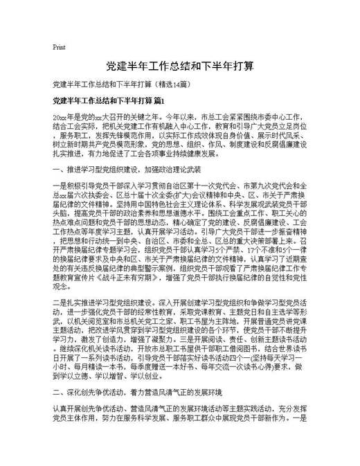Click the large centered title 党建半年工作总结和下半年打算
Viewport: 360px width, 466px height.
(179, 67)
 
